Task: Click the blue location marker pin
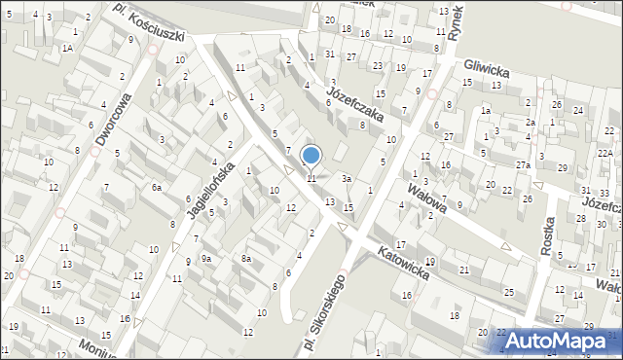[311, 156]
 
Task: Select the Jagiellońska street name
[207, 182]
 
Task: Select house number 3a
[346, 178]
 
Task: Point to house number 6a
[156, 187]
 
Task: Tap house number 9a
[206, 258]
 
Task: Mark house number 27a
[524, 165]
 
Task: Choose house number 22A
[605, 154]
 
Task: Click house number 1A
[67, 47]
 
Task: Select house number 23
[377, 65]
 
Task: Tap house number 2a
[531, 123]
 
